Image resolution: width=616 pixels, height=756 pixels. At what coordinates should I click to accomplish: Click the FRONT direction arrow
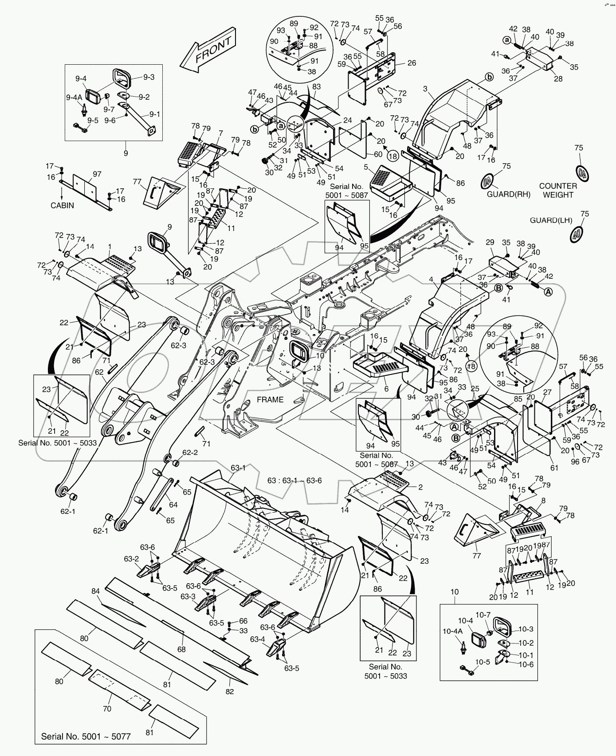click(208, 50)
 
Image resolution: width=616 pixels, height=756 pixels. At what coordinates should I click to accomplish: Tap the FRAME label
click(270, 399)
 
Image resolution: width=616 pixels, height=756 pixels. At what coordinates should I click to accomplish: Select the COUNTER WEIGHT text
click(558, 190)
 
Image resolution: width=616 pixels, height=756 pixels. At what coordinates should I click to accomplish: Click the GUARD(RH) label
click(509, 194)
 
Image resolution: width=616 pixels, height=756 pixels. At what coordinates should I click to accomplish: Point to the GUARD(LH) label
click(551, 220)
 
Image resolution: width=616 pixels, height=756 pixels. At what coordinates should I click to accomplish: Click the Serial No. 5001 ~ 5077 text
click(86, 736)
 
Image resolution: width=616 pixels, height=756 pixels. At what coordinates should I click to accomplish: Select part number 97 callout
click(97, 175)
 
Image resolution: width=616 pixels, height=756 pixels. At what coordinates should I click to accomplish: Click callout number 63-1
click(238, 468)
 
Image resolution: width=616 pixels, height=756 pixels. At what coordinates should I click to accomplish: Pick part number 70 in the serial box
click(107, 709)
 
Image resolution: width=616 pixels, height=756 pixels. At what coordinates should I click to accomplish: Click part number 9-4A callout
click(74, 97)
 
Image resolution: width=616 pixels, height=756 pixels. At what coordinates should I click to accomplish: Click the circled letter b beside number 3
click(489, 77)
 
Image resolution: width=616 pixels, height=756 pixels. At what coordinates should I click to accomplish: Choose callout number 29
click(490, 242)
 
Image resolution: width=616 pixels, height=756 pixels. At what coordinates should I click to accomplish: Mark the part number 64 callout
click(173, 505)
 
